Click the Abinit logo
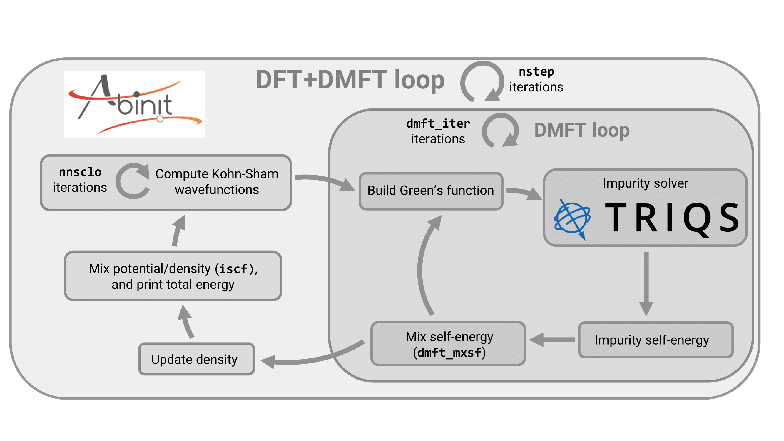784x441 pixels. coord(135,104)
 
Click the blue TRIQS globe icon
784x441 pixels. coord(572,218)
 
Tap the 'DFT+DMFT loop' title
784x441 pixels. coord(350,80)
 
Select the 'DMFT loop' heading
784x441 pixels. coord(582,130)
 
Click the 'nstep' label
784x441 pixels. coord(536,72)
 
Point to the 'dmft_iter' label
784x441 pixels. coord(438,123)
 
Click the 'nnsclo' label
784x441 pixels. coord(80,172)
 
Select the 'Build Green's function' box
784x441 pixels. coord(431,191)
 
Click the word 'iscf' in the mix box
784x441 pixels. coord(233,269)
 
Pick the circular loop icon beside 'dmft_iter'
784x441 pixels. coord(500,131)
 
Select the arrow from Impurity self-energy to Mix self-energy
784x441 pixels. coord(551,340)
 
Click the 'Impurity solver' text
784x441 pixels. coord(645,183)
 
